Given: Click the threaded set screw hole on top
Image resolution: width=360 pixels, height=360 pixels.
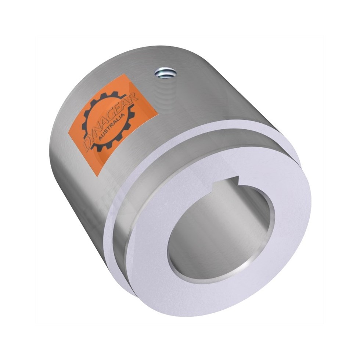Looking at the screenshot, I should pos(163,72).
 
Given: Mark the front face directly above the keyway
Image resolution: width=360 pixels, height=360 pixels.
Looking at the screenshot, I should pos(235,162).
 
